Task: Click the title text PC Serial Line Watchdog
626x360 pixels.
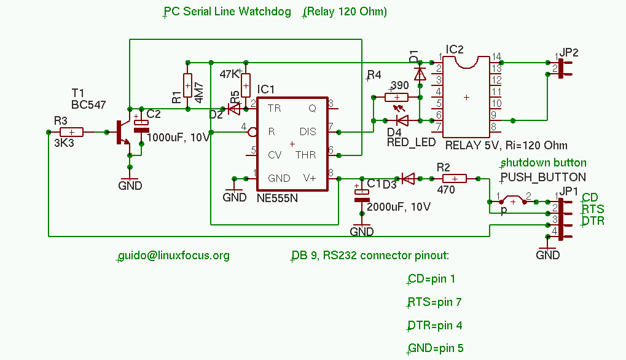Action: pos(227,12)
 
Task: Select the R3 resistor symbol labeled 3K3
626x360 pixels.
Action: pos(72,132)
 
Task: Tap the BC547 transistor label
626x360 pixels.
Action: pos(88,105)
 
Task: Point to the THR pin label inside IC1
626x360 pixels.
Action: pos(305,155)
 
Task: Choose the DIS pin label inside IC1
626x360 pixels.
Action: pos(308,131)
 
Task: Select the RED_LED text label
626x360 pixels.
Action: pos(411,143)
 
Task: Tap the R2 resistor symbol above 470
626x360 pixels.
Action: pos(453,179)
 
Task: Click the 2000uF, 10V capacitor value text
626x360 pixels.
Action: pos(399,206)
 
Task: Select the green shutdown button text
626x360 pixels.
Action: pos(544,163)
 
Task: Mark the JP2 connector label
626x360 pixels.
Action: pos(569,53)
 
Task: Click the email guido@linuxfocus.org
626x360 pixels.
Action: pos(174,256)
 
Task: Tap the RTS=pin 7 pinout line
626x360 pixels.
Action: pos(434,302)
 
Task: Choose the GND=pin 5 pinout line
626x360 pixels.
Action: pos(436,348)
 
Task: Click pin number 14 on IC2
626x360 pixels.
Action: pos(496,57)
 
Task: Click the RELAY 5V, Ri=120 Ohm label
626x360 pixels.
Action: pos(506,146)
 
